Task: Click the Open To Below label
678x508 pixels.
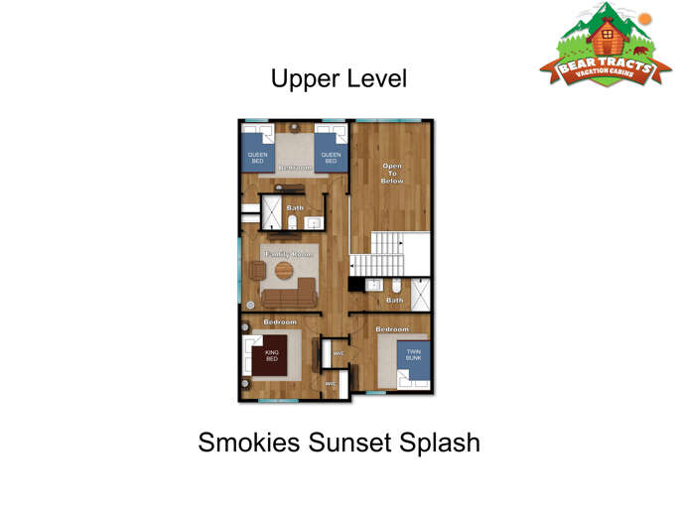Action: (x=392, y=174)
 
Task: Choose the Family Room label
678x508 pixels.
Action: (x=289, y=254)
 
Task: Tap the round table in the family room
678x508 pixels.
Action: (x=285, y=270)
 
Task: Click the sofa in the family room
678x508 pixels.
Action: (x=288, y=293)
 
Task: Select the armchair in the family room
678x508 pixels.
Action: (x=257, y=271)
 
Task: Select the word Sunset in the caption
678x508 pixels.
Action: (x=350, y=442)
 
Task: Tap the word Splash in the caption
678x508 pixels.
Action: (x=443, y=442)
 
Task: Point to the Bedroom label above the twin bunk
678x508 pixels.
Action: (x=391, y=328)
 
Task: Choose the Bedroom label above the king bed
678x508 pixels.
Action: (x=279, y=322)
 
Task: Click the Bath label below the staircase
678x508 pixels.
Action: (x=394, y=300)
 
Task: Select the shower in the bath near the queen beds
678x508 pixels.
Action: (x=271, y=213)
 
